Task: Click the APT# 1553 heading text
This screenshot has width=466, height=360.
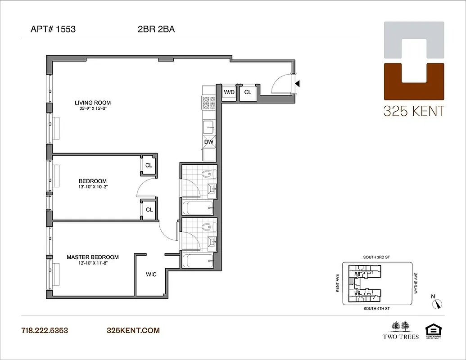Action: click(x=53, y=30)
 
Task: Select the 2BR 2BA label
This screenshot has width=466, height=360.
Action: click(x=156, y=30)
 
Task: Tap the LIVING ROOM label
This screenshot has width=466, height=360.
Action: click(x=93, y=103)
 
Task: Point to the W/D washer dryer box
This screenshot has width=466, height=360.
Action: click(x=229, y=92)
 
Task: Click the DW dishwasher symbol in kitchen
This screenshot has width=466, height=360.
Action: click(x=208, y=142)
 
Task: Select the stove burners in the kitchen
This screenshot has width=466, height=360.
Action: click(x=209, y=103)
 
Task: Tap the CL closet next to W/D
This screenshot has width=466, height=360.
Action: click(x=248, y=92)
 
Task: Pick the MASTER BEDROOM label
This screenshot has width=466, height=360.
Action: click(x=93, y=257)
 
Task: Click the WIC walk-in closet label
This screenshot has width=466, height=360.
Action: click(x=151, y=274)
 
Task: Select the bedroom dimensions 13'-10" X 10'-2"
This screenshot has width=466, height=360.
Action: click(x=93, y=187)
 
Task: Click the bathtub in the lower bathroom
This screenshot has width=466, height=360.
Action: click(x=198, y=261)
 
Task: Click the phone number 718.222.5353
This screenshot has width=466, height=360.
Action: click(x=45, y=330)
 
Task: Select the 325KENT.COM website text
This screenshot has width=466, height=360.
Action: click(x=133, y=330)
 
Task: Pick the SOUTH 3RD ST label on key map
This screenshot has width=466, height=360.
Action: click(x=376, y=257)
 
